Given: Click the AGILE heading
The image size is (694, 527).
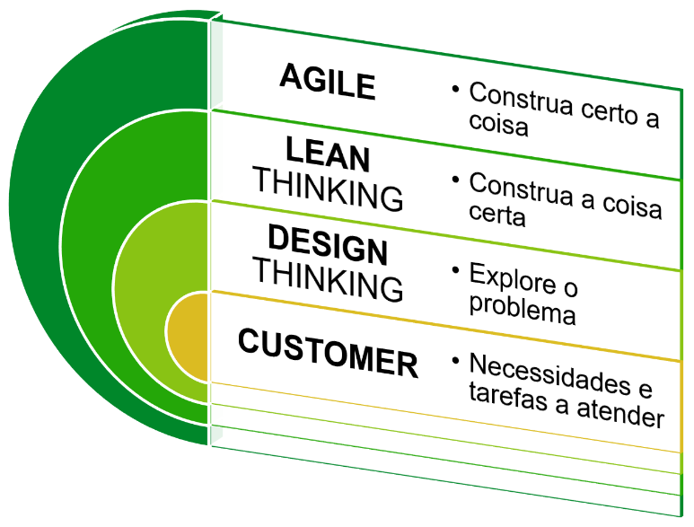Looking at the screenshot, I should coord(327,82).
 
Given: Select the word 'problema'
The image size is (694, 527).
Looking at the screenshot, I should coord(522,312).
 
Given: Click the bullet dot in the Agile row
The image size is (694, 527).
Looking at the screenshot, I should coord(456,89).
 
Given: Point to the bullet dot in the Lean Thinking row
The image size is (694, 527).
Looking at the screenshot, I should coord(456,179).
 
